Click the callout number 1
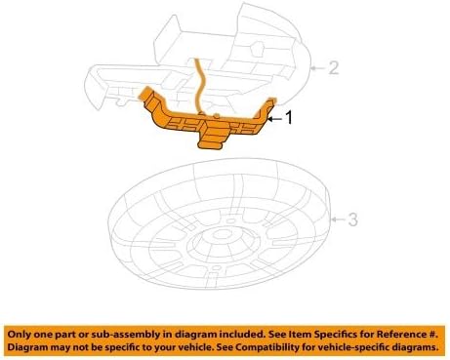coord(287,116)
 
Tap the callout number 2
coord(333,68)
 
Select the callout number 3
coord(354,219)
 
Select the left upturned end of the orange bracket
coord(149,97)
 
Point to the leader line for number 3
coord(338,219)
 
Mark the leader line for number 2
coord(316,69)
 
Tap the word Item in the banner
coord(286,333)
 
